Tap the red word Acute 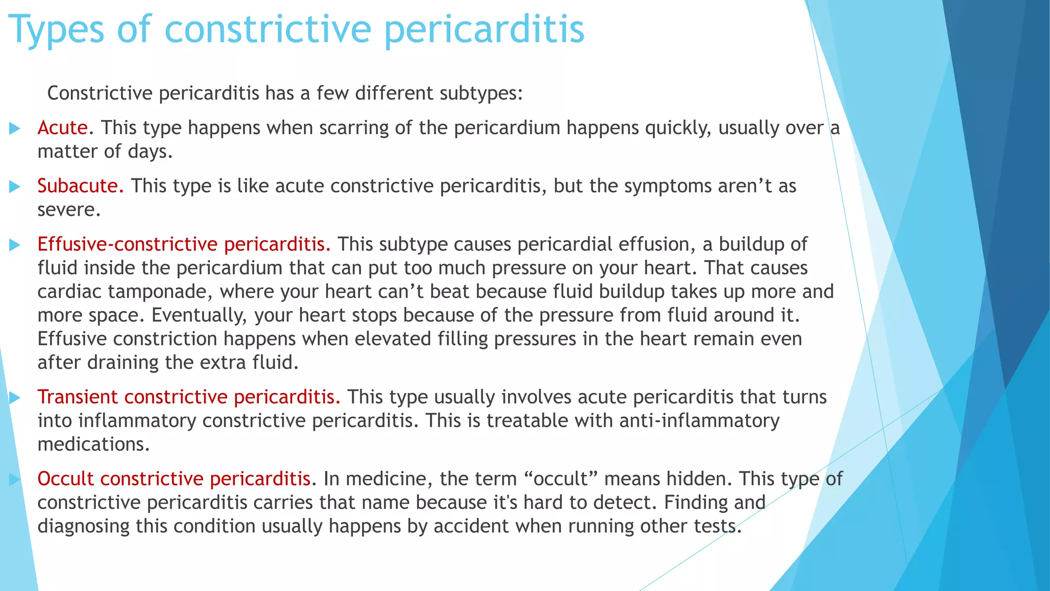pyautogui.click(x=63, y=128)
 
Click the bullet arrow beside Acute pyautogui.click(x=15, y=128)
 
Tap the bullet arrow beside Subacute pyautogui.click(x=15, y=187)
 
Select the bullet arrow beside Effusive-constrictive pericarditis pyautogui.click(x=15, y=245)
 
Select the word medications pyautogui.click(x=93, y=444)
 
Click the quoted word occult pyautogui.click(x=561, y=479)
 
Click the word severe pyautogui.click(x=68, y=210)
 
